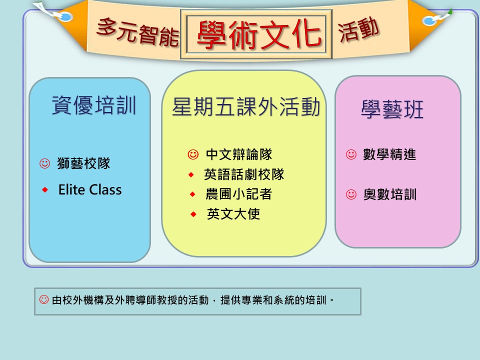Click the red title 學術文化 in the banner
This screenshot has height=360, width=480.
point(259,35)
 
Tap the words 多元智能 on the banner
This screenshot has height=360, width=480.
point(138,32)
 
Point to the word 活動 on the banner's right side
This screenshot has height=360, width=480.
point(358,29)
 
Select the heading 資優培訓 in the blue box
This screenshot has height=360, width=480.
point(93,105)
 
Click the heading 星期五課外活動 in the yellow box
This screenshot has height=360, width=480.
point(246,107)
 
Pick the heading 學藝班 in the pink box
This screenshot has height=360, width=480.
point(392,109)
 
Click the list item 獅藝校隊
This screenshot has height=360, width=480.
point(83,163)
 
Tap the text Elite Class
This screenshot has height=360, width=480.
point(90,189)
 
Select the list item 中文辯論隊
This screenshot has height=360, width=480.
point(239,154)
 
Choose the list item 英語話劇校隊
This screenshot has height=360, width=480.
point(244,174)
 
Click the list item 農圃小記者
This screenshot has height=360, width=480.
point(239,194)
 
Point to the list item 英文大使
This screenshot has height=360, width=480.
point(233,214)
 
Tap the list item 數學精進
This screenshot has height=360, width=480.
point(389,154)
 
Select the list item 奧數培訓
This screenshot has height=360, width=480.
point(390,194)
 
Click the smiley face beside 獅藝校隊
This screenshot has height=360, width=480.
point(44,163)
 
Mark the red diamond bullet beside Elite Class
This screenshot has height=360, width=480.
point(45,190)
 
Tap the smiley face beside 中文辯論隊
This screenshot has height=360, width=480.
point(193,154)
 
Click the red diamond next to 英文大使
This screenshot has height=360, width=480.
point(193,214)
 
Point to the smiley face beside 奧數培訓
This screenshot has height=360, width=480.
point(351,194)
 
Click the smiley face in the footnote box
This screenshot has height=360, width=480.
point(44,299)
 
